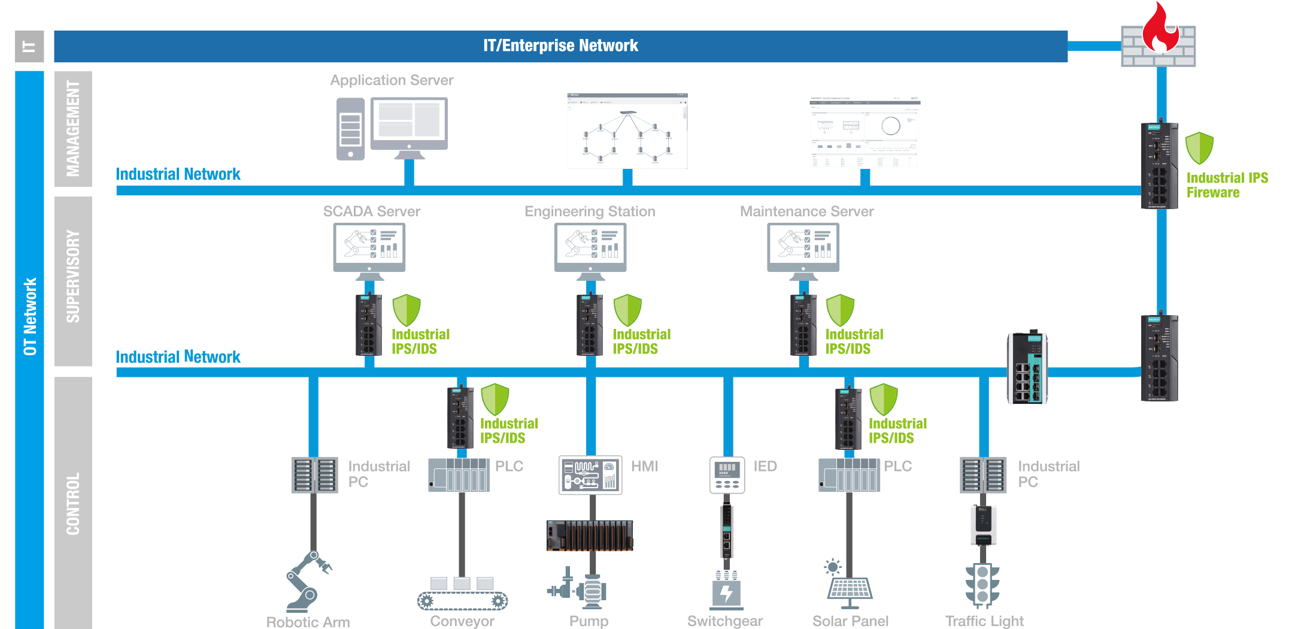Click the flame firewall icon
tap(1159, 37)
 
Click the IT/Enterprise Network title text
tap(560, 46)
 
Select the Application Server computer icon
tap(392, 128)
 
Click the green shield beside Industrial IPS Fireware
tap(1199, 148)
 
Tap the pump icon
tap(578, 590)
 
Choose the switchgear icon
tap(726, 591)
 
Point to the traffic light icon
tap(982, 586)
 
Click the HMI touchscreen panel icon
tap(590, 475)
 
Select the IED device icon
tap(727, 475)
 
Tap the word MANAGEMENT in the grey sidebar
tap(73, 129)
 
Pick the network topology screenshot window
tap(627, 131)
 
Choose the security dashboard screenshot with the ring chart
tap(865, 131)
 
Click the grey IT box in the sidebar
tap(29, 47)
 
